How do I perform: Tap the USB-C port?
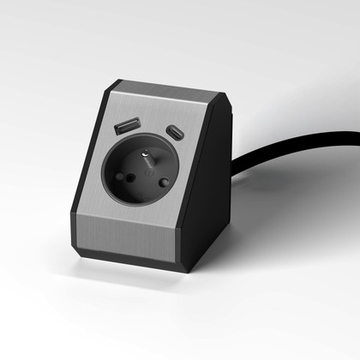point(175,135)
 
